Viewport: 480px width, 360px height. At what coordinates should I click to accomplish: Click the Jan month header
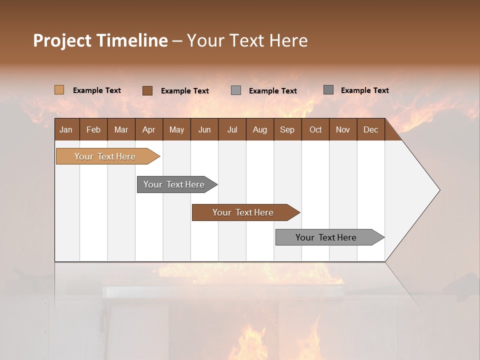tap(66, 130)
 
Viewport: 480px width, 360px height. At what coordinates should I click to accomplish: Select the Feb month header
tap(93, 130)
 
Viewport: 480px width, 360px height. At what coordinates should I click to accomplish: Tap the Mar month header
tap(121, 130)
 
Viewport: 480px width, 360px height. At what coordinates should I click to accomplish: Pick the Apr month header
tap(149, 130)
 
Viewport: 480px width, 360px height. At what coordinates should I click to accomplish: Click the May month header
tap(176, 130)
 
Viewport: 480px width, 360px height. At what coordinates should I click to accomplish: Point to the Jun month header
tap(204, 130)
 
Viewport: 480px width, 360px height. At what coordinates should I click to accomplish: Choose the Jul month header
tap(232, 130)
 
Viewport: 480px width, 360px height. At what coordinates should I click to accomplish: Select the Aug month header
tap(260, 130)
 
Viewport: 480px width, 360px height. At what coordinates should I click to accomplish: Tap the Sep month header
tap(287, 130)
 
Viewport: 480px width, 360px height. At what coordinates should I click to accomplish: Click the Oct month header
tap(315, 130)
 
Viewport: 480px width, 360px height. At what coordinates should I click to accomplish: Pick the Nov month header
tap(343, 130)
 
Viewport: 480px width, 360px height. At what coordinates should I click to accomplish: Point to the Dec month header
tap(371, 130)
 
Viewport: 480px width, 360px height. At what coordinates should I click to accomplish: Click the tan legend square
tap(59, 90)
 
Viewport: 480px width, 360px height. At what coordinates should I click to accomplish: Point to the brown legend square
tap(147, 90)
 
